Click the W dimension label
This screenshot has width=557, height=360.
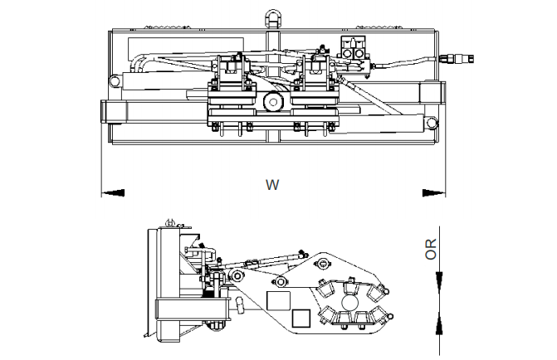[271, 185]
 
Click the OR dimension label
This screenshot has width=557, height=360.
[431, 249]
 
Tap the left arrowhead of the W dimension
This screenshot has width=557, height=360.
[113, 192]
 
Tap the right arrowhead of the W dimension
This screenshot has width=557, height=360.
[433, 192]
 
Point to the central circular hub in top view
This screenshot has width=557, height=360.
[271, 100]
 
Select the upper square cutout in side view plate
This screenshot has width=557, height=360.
[277, 299]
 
